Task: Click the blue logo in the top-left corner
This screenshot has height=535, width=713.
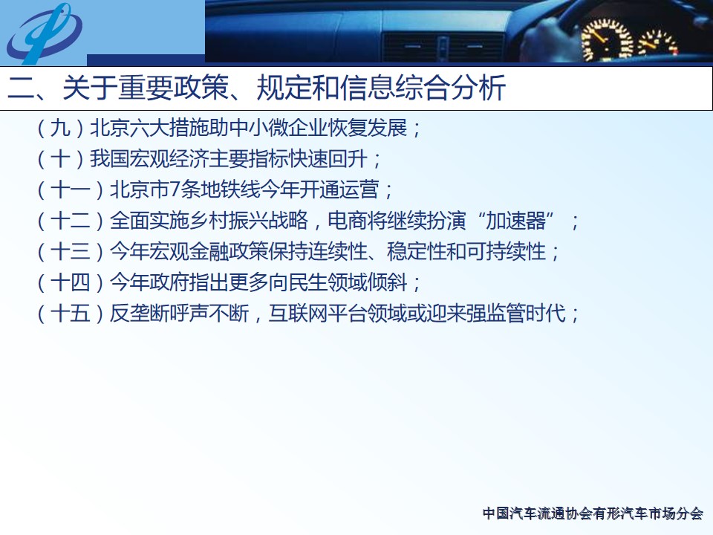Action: point(44,33)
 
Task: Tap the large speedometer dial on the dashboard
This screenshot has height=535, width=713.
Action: point(607,39)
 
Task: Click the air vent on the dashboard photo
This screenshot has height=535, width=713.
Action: point(443,47)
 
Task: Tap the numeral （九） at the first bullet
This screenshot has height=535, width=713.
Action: point(60,128)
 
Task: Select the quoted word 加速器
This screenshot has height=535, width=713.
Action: point(515,221)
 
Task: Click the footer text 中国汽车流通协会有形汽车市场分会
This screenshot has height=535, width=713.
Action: point(593,513)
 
